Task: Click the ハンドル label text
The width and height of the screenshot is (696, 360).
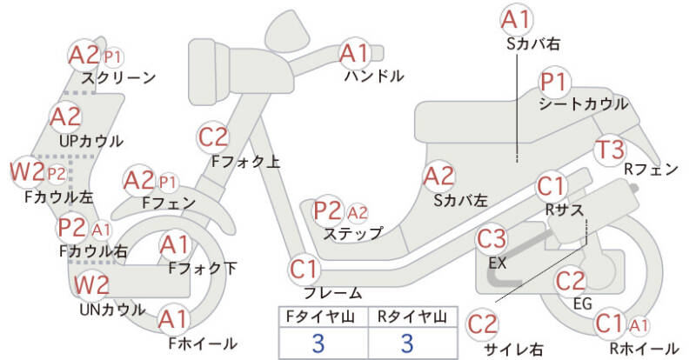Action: [374, 77]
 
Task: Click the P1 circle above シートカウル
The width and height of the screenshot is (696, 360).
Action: [553, 83]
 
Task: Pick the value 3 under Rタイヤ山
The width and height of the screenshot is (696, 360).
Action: [405, 343]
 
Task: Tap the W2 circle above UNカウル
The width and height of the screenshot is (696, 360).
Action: [90, 285]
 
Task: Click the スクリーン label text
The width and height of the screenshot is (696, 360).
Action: [118, 78]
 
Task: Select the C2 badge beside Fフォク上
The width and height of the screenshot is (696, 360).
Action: [213, 137]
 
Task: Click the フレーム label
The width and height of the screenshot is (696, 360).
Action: [327, 293]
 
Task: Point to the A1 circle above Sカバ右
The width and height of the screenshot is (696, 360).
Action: [517, 19]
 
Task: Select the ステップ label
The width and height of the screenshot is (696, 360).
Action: [352, 233]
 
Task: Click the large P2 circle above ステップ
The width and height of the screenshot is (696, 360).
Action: [328, 210]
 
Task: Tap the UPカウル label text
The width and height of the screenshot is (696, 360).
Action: [91, 141]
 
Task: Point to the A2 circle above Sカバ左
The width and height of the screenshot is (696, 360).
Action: [439, 177]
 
